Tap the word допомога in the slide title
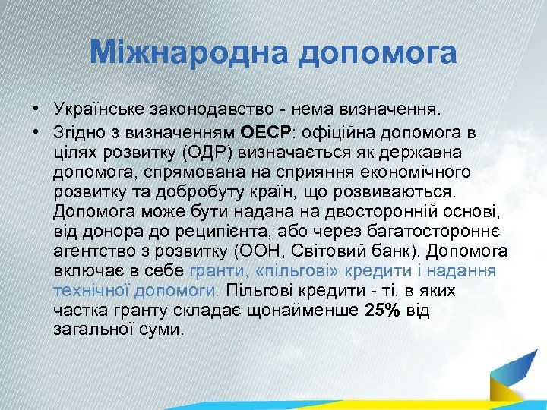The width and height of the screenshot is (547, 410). (x=378, y=53)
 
